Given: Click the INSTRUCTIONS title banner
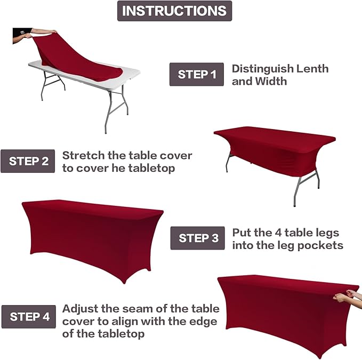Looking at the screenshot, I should pos(174,11).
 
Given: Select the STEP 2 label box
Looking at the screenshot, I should pos(28,161).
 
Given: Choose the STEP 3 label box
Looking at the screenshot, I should pos(197,238).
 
